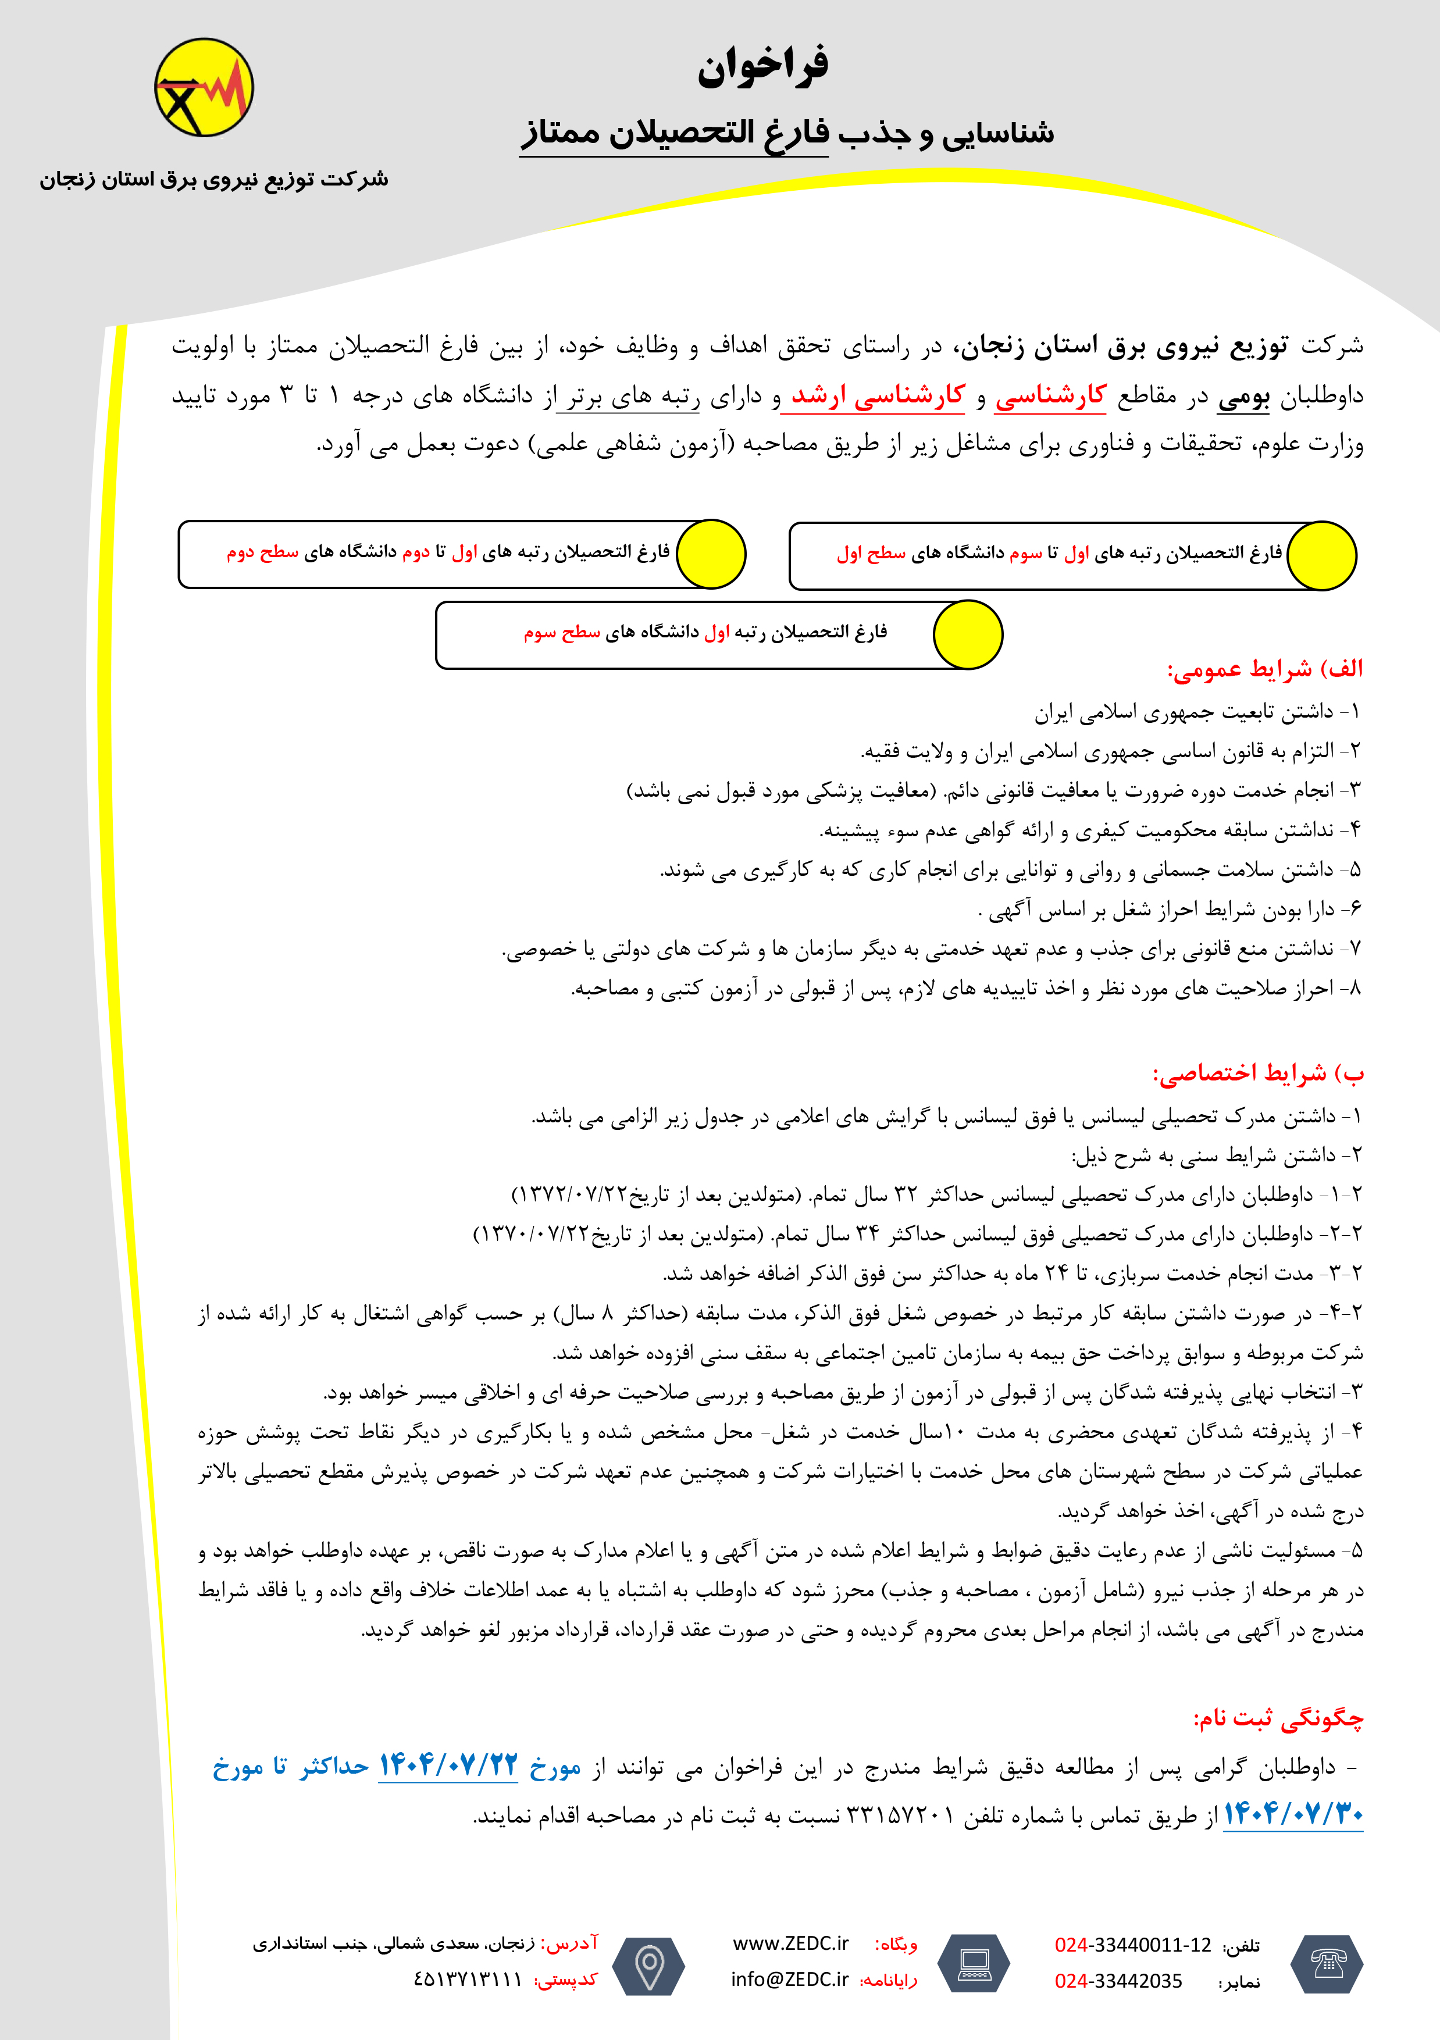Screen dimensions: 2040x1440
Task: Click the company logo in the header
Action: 204,87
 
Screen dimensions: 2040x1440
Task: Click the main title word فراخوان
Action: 762,67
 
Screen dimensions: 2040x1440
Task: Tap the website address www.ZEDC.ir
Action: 790,1943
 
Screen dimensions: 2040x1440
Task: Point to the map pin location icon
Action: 650,1964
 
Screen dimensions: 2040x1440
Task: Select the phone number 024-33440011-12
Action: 1133,1945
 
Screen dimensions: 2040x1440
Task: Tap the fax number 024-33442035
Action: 1118,1981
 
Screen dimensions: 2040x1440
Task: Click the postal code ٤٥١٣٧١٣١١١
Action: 468,1980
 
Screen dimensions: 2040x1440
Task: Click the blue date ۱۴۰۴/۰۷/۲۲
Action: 448,1766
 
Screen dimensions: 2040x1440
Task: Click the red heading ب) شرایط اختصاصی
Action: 1258,1074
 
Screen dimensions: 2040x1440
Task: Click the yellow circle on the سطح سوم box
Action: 967,634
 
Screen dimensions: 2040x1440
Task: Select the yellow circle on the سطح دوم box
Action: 711,554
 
